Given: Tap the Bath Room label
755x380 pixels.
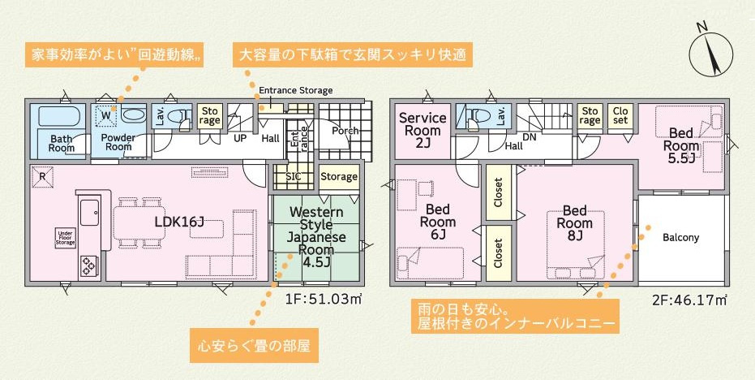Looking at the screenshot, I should coord(61,144).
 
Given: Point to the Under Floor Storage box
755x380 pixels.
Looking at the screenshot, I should coord(66,236).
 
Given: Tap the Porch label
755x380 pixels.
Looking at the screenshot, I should coord(345,131).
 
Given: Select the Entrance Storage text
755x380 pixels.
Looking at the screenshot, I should coord(295,90).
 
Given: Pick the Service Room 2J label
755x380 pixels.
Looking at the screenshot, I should coord(423,131).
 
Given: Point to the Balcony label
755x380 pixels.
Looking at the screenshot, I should coord(680,238).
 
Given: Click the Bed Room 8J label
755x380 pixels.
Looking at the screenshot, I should coord(574,222).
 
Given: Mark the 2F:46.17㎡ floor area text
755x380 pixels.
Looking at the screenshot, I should coord(690,300).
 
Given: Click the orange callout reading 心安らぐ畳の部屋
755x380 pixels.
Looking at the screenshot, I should coord(253,345).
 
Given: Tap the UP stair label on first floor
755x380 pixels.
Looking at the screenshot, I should coord(240,138).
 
